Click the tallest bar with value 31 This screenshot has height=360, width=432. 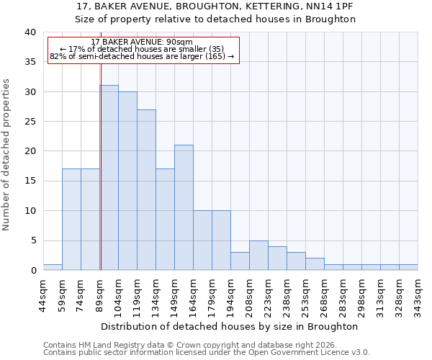pos(109,178)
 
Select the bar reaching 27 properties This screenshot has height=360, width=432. pos(146,190)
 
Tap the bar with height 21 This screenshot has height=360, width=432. pos(184,207)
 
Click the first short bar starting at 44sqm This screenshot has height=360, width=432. pos(53,267)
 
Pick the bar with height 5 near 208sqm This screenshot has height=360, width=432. pos(258,255)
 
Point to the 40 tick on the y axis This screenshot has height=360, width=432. pos(31,32)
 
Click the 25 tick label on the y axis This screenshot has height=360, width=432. pos(31,122)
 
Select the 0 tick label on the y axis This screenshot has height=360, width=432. pos(33,271)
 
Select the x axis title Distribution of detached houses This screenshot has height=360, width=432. pos(230,326)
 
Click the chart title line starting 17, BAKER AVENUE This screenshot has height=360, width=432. pos(215,6)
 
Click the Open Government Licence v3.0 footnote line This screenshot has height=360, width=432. pos(206,352)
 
